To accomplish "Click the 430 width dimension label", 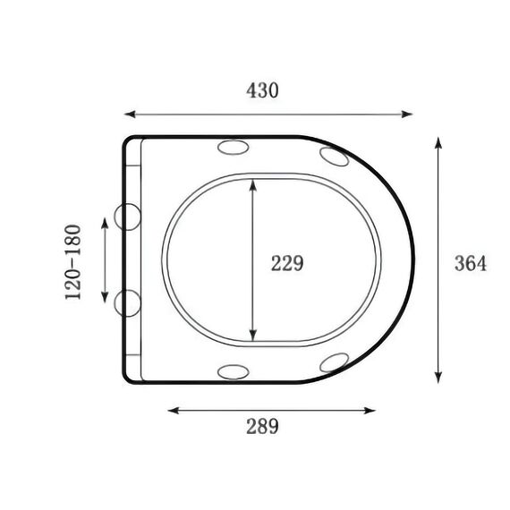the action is (x=262, y=90).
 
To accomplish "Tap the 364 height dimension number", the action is (x=471, y=263).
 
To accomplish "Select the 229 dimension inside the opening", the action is (x=287, y=263).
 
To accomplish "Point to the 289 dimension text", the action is (x=262, y=426).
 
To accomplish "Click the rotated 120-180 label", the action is (x=72, y=262).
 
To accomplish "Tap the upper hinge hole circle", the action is (x=127, y=217).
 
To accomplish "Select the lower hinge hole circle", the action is (x=127, y=303).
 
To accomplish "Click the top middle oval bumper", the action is (x=234, y=148).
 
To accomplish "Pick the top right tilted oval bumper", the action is (x=335, y=157).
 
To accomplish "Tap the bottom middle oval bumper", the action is (x=234, y=372).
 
